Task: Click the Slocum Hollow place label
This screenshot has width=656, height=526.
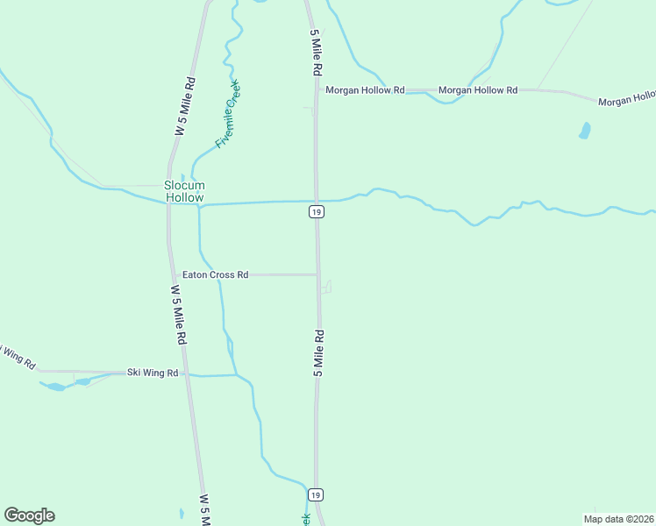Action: pyautogui.click(x=184, y=191)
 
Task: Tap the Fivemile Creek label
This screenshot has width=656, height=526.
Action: pyautogui.click(x=228, y=114)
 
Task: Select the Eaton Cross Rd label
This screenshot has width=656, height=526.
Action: pyautogui.click(x=215, y=274)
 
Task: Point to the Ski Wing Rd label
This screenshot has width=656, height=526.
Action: pyautogui.click(x=153, y=373)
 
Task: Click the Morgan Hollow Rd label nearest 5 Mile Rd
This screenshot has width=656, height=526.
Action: pyautogui.click(x=365, y=90)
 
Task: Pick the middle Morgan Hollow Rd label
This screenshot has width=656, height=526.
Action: pyautogui.click(x=478, y=90)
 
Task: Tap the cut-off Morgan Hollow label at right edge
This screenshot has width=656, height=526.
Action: pyautogui.click(x=626, y=101)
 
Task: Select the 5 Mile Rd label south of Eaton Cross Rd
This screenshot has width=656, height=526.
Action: pyautogui.click(x=319, y=353)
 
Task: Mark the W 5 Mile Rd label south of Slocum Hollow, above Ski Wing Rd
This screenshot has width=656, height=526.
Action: pyautogui.click(x=178, y=314)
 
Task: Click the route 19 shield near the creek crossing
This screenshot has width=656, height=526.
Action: pyautogui.click(x=317, y=212)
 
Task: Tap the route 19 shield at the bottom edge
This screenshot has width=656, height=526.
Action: pyautogui.click(x=317, y=494)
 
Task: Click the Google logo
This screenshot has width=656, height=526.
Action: pyautogui.click(x=29, y=515)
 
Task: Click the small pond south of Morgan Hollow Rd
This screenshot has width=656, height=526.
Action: pyautogui.click(x=585, y=131)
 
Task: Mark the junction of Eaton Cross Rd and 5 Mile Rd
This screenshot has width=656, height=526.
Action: pyautogui.click(x=317, y=274)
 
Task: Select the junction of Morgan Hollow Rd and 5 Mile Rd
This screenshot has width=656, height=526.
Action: pyautogui.click(x=316, y=90)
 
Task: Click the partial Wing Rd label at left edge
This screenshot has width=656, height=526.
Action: pyautogui.click(x=16, y=354)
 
